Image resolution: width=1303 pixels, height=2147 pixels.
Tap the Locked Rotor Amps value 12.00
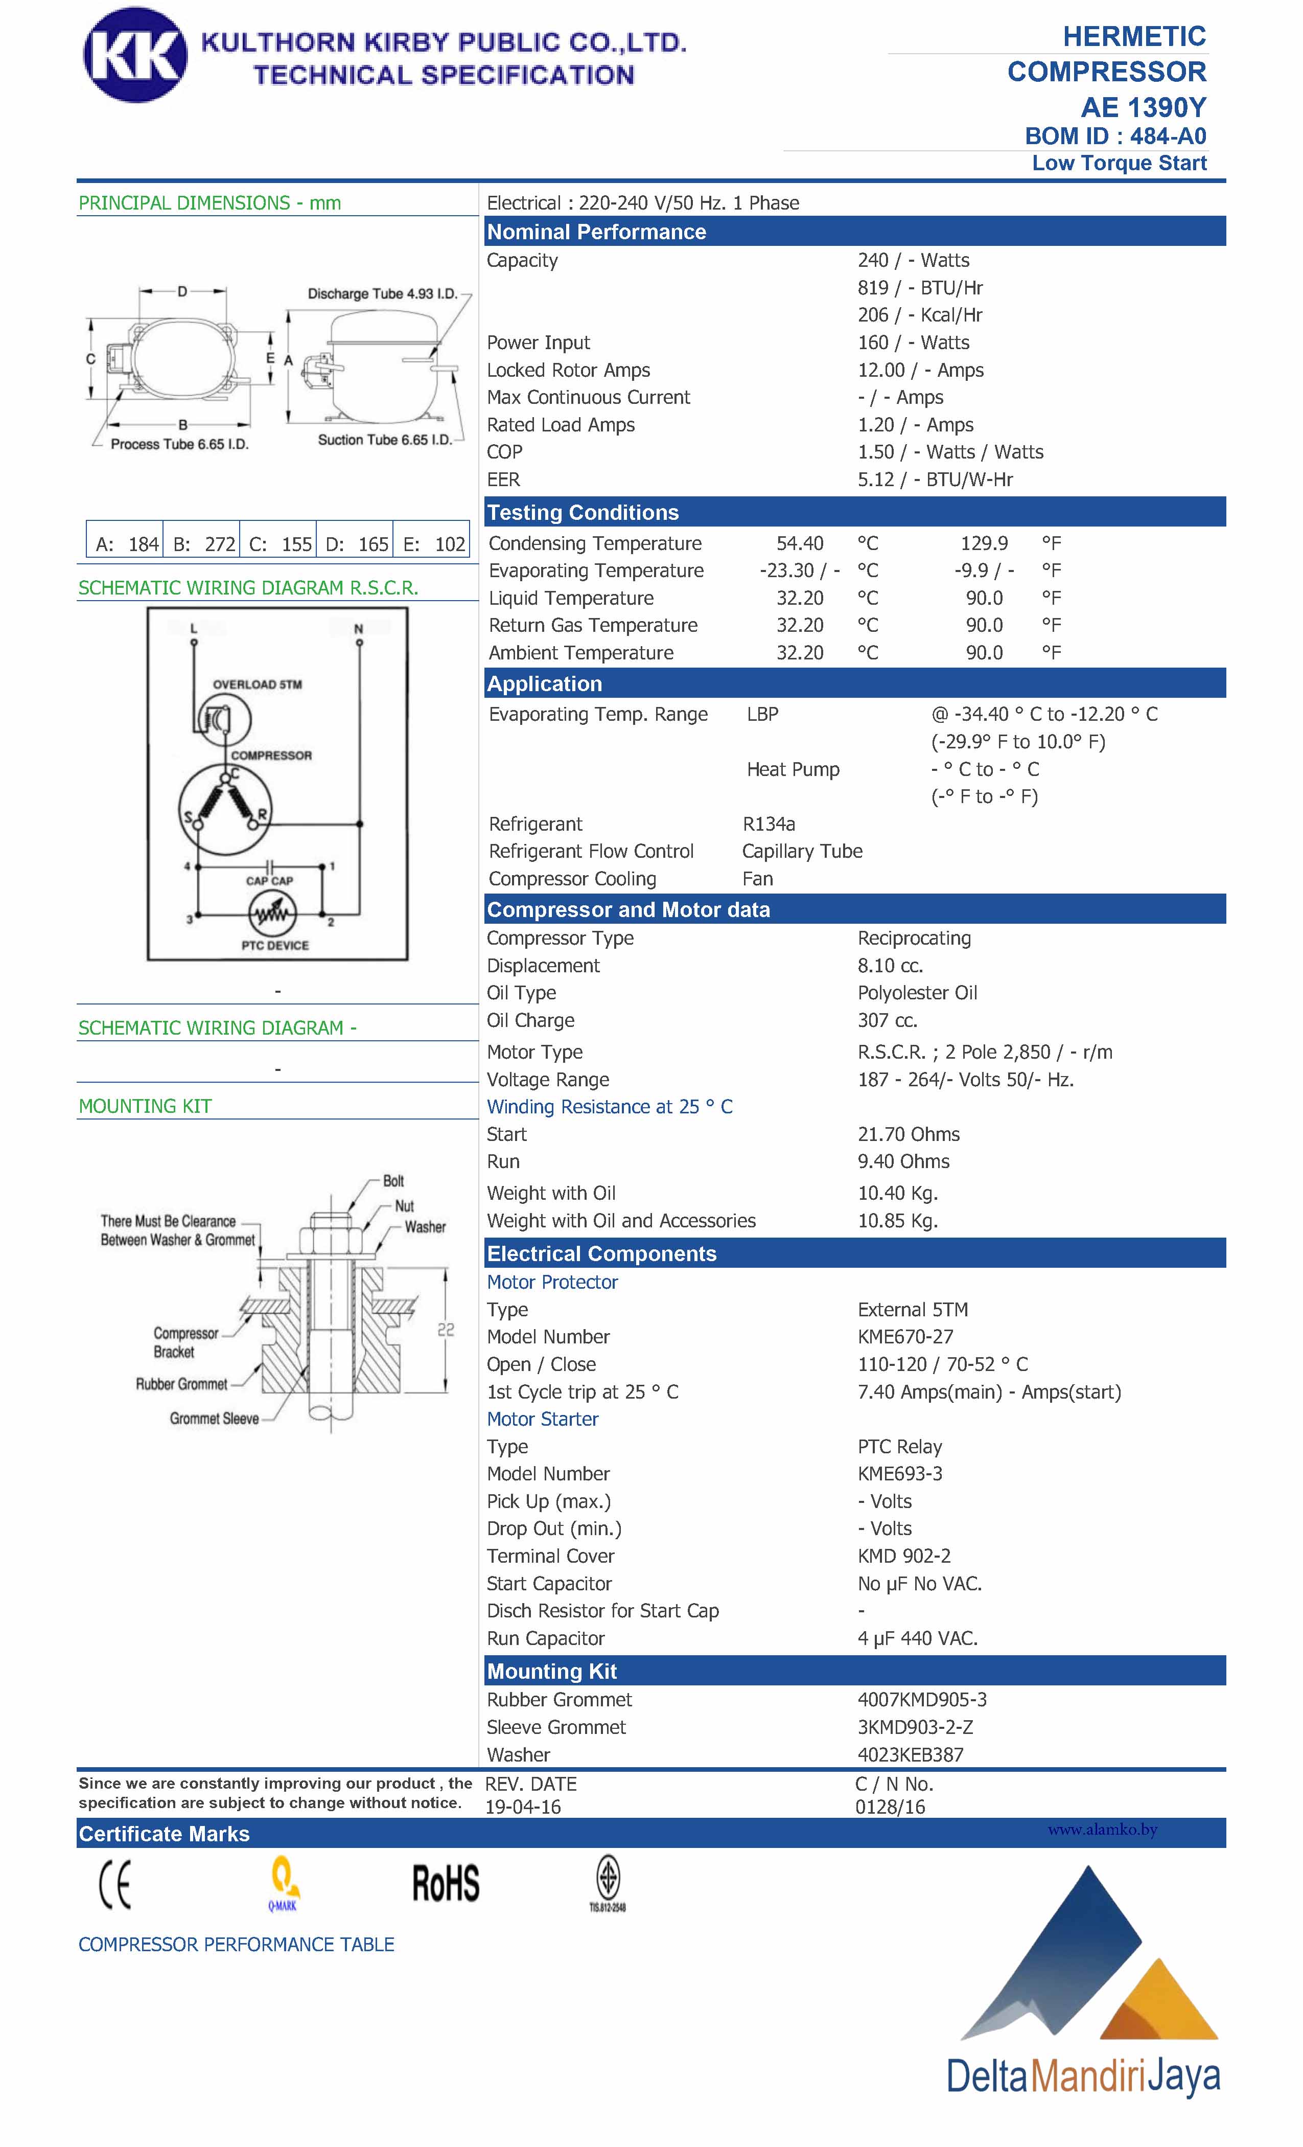coord(881,370)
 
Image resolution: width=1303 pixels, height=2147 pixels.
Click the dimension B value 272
coord(220,544)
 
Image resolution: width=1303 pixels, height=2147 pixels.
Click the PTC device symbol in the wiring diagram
coord(273,913)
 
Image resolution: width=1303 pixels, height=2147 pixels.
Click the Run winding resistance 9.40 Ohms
coord(903,1161)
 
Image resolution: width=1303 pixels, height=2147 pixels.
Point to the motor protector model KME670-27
coord(905,1337)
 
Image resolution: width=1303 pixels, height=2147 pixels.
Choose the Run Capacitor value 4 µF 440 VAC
coord(917,1638)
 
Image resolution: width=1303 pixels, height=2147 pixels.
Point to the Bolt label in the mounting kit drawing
coord(393,1181)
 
